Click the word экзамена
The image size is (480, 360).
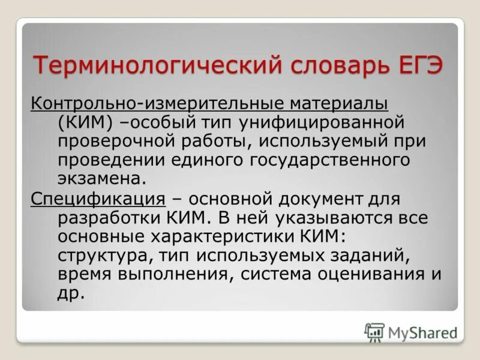pyautogui.click(x=102, y=179)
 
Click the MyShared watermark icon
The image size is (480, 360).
pyautogui.click(x=374, y=331)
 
